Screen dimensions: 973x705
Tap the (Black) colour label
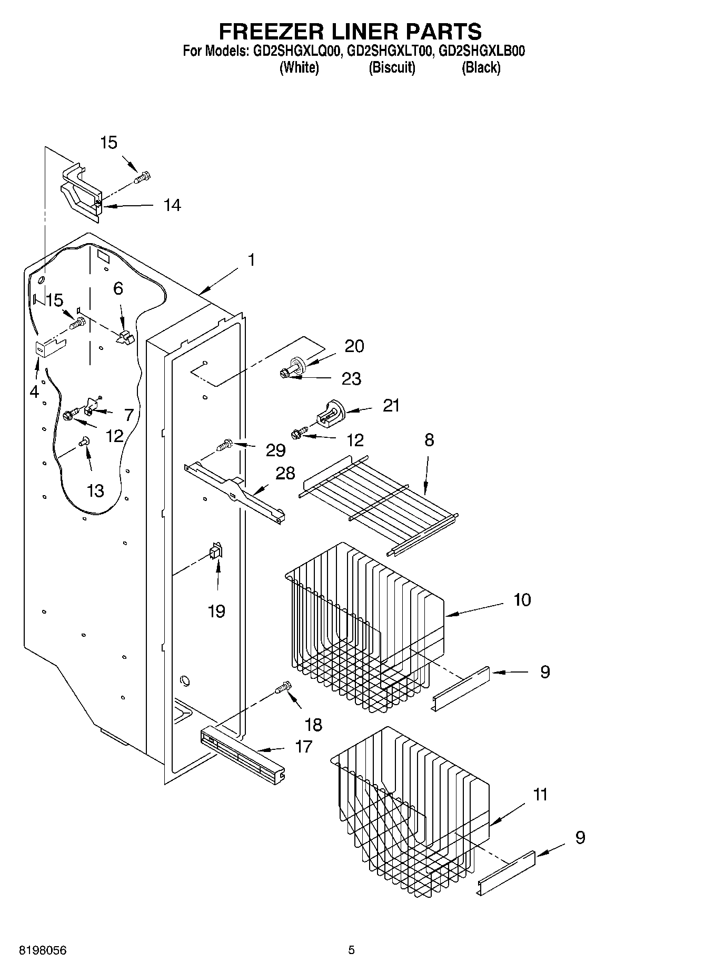coord(481,68)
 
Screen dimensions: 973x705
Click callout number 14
coord(172,205)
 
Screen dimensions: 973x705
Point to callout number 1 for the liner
coord(252,260)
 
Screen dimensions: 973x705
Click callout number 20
coord(354,346)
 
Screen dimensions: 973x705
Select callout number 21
coord(391,406)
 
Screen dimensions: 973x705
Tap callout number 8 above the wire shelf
coord(429,440)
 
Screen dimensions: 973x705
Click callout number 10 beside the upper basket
coord(522,599)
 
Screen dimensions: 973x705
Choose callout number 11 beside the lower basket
coord(540,794)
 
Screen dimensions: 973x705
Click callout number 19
coord(216,611)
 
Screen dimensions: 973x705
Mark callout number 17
coord(304,746)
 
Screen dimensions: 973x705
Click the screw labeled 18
coord(283,687)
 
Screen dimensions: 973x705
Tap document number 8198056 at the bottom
coord(43,950)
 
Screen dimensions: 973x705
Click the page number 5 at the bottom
coord(351,950)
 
